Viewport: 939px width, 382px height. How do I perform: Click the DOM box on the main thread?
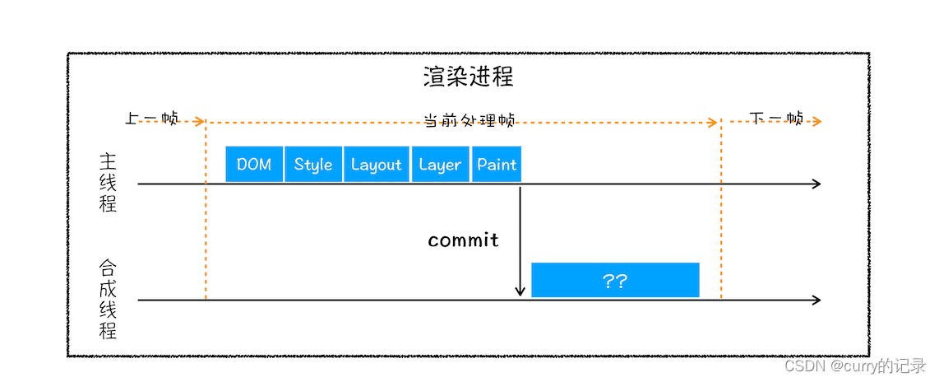254,165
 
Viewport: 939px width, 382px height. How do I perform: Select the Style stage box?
313,165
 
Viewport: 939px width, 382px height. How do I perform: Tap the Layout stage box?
376,165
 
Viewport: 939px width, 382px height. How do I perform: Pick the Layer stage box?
440,165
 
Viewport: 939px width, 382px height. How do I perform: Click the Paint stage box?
497,165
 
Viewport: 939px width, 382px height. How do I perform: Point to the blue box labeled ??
615,281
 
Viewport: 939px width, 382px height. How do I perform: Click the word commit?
463,240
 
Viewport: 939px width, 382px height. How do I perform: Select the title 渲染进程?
469,77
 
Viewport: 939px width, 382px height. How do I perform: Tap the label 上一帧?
151,119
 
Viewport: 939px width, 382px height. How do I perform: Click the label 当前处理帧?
469,120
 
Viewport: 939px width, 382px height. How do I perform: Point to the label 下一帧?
776,119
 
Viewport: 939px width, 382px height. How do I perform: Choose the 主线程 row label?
108,183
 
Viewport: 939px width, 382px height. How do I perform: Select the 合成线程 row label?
108,300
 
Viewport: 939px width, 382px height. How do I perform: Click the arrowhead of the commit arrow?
520,291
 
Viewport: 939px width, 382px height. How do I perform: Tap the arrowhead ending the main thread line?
816,184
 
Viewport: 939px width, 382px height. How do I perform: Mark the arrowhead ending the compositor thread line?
816,300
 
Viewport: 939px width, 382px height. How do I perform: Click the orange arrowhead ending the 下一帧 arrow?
816,122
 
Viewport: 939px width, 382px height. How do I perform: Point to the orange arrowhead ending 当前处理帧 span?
713,123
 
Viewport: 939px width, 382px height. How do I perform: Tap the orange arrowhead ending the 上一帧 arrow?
200,121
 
